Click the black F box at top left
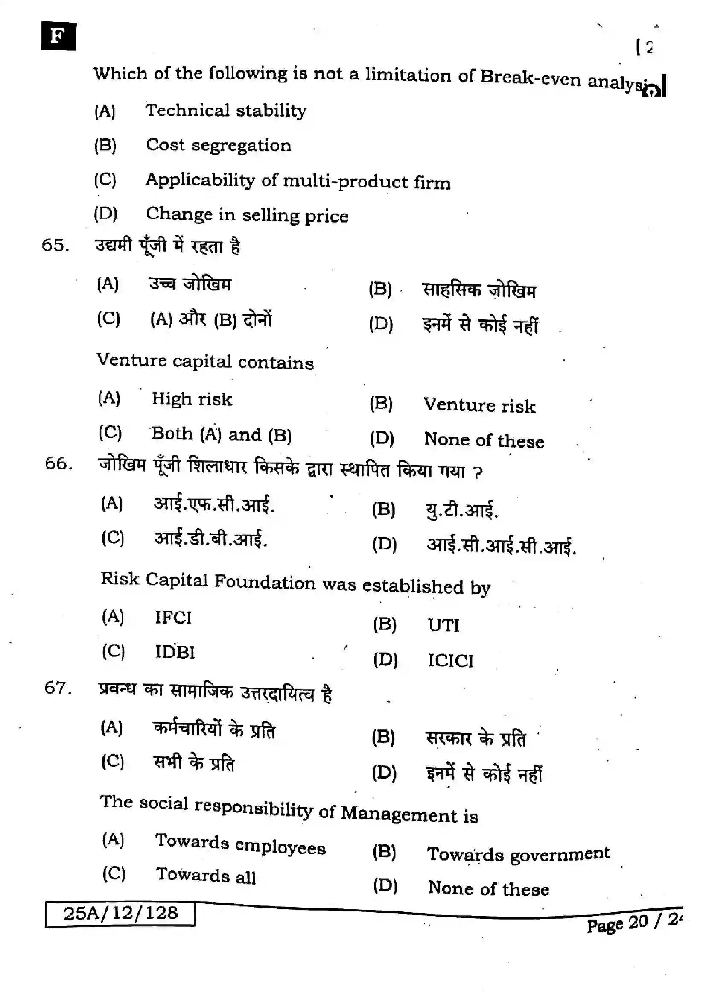[x=58, y=36]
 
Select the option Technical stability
[x=226, y=111]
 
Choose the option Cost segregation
[x=218, y=145]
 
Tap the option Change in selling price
[x=247, y=215]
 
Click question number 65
[x=55, y=245]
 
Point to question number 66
[x=58, y=463]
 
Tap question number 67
[x=57, y=688]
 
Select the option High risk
[x=192, y=399]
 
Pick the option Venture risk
[x=479, y=405]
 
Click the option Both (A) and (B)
[x=221, y=434]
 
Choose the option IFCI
[x=173, y=618]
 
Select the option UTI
[x=443, y=625]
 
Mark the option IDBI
[x=175, y=652]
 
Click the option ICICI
[x=451, y=660]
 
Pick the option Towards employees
[x=240, y=844]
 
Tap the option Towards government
[x=519, y=854]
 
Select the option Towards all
[x=206, y=876]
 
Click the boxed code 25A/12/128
[x=120, y=913]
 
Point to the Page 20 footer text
[x=632, y=923]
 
